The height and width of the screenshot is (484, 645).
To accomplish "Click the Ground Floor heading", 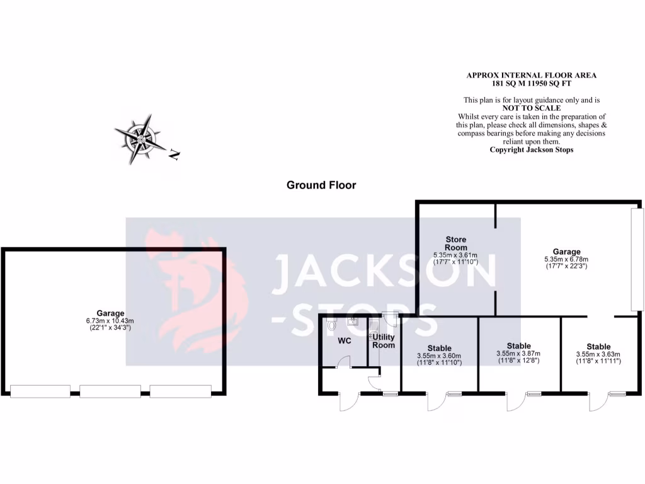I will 321,185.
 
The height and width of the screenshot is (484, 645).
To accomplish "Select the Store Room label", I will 456,243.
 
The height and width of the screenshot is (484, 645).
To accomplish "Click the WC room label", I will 345,341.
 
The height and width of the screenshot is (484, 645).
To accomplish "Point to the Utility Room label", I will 384,342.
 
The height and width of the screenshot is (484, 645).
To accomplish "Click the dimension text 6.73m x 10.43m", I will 110,321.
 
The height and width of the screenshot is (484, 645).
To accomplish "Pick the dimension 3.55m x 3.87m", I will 518,354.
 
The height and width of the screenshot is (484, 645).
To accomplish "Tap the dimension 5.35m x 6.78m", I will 566,259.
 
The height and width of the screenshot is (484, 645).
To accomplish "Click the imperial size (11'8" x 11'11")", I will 598,362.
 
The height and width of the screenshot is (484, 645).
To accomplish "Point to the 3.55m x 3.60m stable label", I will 439,355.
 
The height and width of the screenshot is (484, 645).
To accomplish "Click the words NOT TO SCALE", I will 531,108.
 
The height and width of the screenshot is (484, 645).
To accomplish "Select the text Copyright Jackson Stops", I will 531,149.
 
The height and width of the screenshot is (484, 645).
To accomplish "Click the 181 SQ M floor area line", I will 531,83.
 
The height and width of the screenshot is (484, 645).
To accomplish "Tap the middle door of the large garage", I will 110,391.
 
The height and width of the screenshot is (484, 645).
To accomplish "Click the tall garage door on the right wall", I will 637,259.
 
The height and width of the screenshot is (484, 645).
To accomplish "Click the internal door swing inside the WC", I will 344,362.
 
